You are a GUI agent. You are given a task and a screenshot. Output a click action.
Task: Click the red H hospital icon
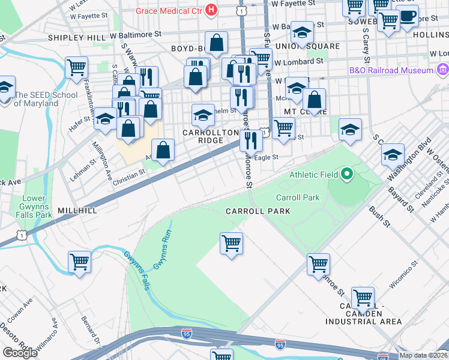click(x=211, y=10)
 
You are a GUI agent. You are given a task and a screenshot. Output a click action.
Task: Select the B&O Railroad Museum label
click(x=391, y=70)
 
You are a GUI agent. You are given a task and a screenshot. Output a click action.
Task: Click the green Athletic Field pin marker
click(x=346, y=175)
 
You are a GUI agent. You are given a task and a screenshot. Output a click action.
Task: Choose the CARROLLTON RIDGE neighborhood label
click(x=203, y=136)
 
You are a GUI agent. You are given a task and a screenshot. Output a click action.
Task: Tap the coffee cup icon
click(x=408, y=16)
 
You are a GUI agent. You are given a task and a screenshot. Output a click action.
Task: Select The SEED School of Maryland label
click(x=46, y=99)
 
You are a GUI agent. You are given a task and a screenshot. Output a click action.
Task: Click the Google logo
click(x=20, y=352)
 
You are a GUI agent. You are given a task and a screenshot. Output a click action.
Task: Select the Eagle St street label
click(x=267, y=157)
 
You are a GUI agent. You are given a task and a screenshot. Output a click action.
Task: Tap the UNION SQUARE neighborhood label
click(x=299, y=46)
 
